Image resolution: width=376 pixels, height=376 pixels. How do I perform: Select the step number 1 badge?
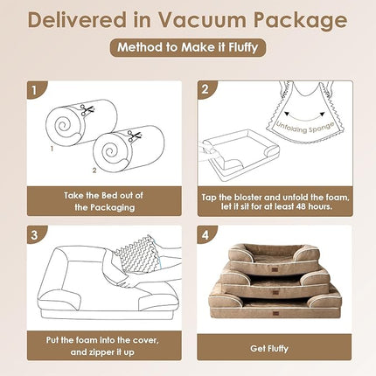tap(34, 88)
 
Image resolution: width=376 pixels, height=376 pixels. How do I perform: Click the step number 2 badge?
tap(204, 88)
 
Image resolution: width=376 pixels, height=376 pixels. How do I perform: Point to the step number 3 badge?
tap(34, 233)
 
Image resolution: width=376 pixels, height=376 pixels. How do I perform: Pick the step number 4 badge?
tap(204, 233)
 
